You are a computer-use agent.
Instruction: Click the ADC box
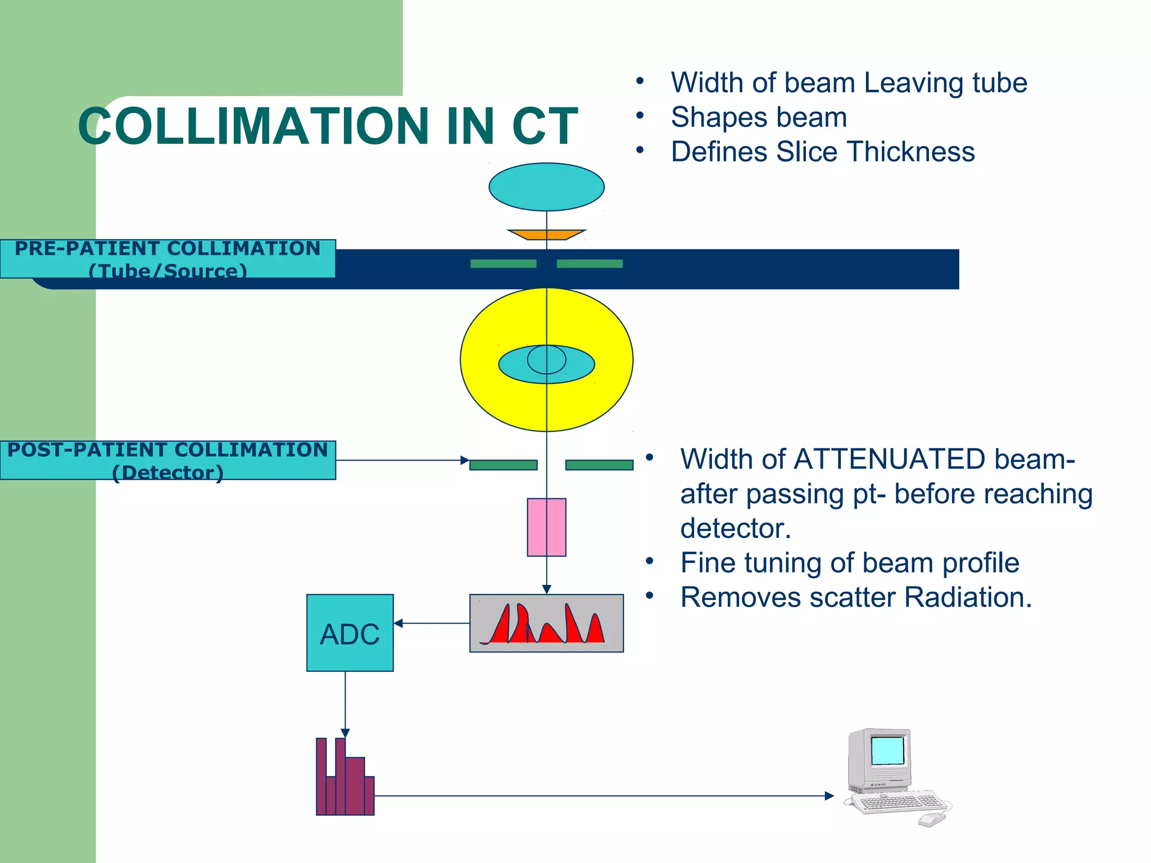tap(350, 633)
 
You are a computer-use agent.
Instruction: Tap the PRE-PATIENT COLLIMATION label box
tap(167, 258)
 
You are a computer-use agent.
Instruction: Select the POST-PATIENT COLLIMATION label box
tap(167, 460)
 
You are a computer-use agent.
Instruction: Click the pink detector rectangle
tap(546, 527)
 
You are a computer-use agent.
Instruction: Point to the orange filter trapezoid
tap(546, 234)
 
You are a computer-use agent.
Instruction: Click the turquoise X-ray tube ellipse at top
tap(546, 187)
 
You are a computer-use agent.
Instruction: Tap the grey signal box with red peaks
tap(546, 623)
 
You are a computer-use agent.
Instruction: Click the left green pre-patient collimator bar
tap(503, 264)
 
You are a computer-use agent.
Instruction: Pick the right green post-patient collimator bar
tap(599, 465)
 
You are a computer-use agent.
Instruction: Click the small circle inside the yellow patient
tap(546, 360)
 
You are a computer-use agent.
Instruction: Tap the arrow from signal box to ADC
tap(431, 623)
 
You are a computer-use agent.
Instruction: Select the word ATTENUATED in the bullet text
tap(889, 459)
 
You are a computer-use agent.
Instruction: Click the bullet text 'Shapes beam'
tap(759, 117)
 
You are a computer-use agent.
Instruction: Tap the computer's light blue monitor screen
tap(887, 750)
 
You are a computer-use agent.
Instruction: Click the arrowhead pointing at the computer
tap(829, 796)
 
